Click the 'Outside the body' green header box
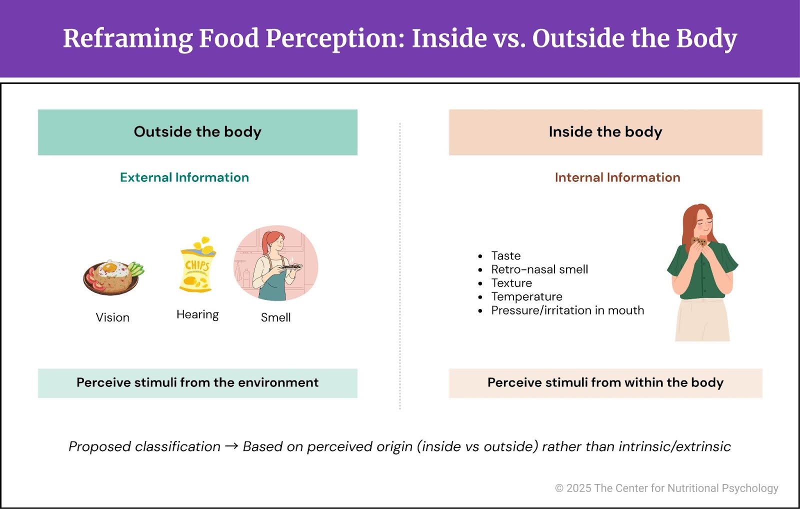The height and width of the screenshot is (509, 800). [197, 132]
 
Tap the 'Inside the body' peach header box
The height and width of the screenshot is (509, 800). [605, 132]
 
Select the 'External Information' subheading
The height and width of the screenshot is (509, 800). [184, 177]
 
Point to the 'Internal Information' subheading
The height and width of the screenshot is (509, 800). [617, 177]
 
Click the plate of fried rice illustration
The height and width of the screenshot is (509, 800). [112, 276]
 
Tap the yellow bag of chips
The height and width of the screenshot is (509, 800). [197, 265]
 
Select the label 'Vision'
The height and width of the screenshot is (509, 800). [112, 317]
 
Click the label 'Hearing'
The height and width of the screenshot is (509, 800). [197, 314]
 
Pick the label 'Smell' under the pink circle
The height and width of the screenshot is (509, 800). [275, 317]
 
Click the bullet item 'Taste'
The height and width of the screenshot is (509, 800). [505, 256]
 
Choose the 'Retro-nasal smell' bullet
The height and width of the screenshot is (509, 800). [539, 269]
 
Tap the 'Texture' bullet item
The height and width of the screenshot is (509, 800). [511, 283]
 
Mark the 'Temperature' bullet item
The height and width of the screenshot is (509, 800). [526, 296]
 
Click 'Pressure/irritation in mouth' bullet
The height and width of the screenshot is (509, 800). [567, 310]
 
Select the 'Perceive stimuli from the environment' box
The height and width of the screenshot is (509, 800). [197, 383]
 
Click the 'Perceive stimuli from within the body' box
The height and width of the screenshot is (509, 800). [605, 383]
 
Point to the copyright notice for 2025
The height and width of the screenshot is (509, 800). [666, 488]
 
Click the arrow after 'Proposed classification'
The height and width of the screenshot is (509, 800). [231, 446]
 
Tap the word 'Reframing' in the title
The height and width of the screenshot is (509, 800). [127, 38]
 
